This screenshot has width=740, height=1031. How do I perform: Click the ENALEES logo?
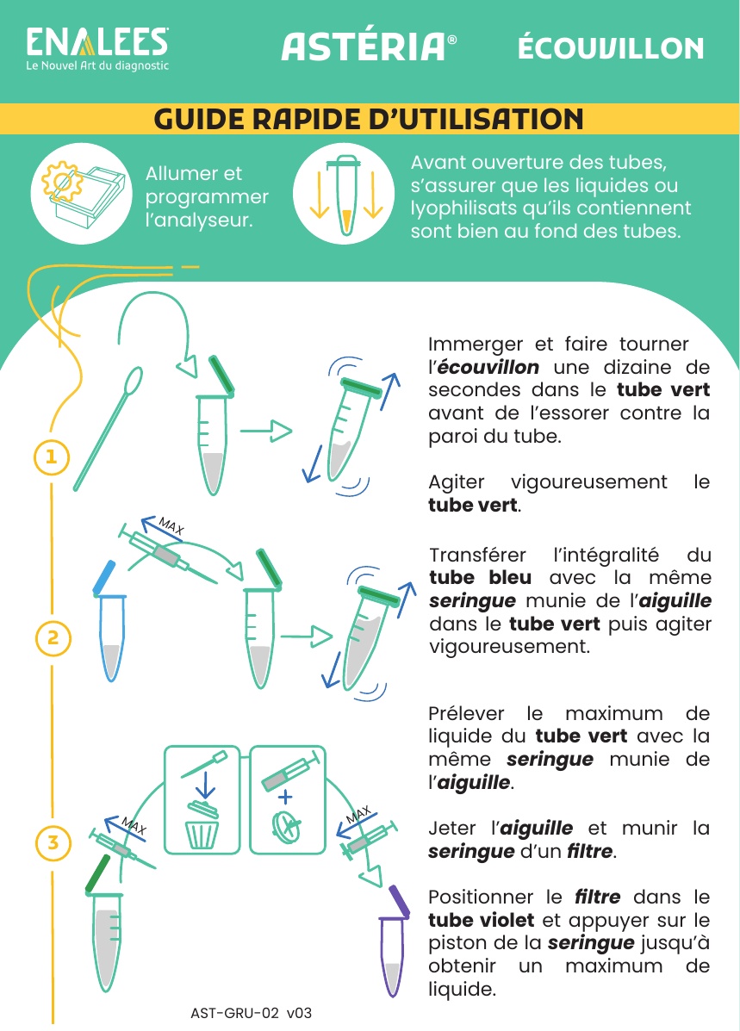click(x=97, y=48)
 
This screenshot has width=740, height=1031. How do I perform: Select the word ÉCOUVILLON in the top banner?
click(x=611, y=48)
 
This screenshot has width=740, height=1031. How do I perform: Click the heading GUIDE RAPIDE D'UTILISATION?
click(x=369, y=119)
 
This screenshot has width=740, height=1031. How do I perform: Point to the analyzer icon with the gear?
click(x=82, y=194)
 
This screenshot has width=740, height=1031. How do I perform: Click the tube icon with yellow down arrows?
click(x=344, y=194)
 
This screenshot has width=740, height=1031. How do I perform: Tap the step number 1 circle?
click(x=52, y=456)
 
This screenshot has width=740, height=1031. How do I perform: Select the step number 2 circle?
click(x=53, y=637)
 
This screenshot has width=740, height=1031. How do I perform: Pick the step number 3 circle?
click(x=53, y=842)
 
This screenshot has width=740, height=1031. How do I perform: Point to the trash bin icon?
click(x=202, y=825)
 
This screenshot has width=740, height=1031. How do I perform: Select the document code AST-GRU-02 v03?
click(x=252, y=1013)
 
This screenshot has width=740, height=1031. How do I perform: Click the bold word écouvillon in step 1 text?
click(x=488, y=367)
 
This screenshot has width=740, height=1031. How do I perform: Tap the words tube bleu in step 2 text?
click(x=480, y=577)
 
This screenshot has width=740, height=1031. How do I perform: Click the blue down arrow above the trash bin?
click(x=205, y=785)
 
